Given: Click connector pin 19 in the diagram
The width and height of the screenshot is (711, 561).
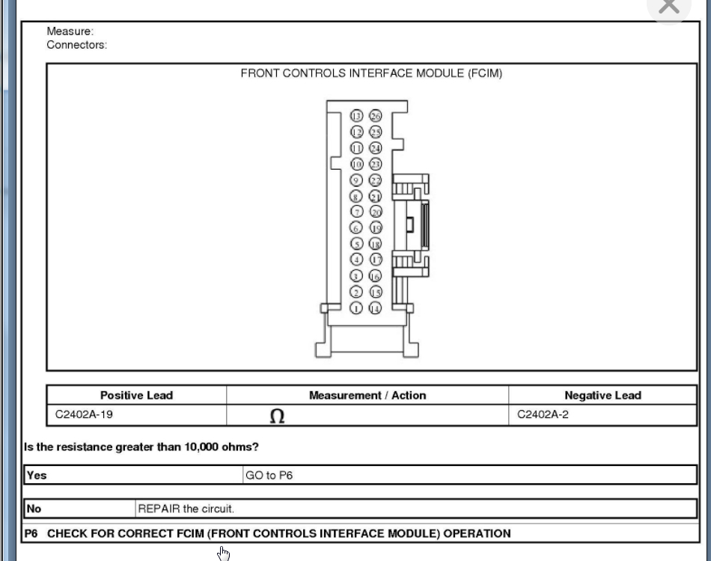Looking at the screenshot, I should coord(376,228).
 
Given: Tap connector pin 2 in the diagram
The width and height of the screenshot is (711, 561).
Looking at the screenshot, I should coord(357,292).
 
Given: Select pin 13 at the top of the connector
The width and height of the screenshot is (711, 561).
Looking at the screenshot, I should coord(357,116).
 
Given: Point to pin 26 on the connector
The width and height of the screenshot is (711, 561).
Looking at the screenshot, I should coord(376,116).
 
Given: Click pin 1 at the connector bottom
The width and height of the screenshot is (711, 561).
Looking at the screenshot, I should coord(357,308).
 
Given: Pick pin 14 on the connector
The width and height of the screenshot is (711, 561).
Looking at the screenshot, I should coord(376,308).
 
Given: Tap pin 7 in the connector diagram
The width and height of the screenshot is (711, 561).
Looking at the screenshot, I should coord(357,212).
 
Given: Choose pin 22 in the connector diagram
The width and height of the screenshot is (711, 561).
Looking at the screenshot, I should coord(376,180).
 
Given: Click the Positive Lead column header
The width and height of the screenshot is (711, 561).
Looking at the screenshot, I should coord(136,396).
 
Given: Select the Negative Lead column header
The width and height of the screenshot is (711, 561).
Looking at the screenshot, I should coord(602,396).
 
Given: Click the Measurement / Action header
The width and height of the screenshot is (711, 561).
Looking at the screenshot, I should coord(367,396).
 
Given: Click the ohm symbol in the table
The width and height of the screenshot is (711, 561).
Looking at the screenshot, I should coord(277,417).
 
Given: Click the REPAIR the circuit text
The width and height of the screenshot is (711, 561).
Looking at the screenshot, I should coord(186,509).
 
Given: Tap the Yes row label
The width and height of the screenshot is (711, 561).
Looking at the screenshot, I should coord(37,475).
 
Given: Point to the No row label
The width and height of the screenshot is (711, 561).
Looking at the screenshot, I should coord(34,509).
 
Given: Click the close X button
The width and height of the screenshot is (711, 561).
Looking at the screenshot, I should coord(668,7).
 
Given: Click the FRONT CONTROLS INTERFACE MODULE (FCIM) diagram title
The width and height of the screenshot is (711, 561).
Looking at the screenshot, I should coord(371,73).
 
